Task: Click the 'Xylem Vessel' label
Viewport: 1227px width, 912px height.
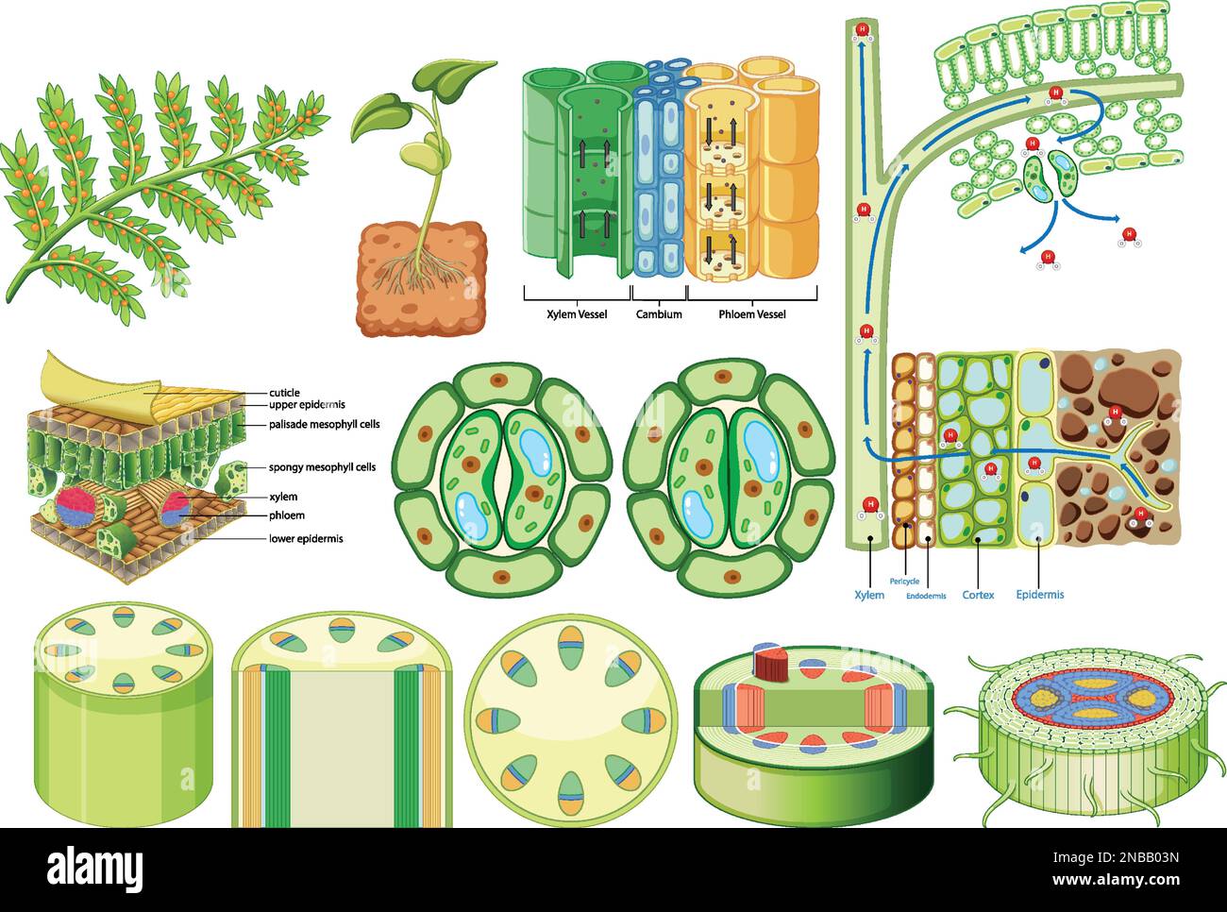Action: [577, 314]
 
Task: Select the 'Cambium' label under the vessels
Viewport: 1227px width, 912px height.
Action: [658, 314]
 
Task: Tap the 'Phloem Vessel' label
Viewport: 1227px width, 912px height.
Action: [751, 314]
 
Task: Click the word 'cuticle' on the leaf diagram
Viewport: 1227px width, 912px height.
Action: [284, 393]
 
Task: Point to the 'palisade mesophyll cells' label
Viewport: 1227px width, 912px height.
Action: [324, 425]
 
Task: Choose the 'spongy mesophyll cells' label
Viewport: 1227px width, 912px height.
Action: [322, 467]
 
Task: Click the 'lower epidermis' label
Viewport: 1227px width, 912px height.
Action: [305, 539]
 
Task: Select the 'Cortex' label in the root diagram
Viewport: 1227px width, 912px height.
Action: [978, 595]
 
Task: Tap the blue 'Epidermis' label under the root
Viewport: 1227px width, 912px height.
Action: [1039, 595]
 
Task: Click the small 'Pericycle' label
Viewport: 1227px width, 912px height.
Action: [904, 582]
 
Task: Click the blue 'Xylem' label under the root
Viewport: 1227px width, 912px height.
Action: [869, 595]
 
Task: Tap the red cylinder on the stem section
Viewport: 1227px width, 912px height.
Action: [772, 664]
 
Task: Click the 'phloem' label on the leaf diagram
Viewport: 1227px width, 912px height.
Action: [287, 515]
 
